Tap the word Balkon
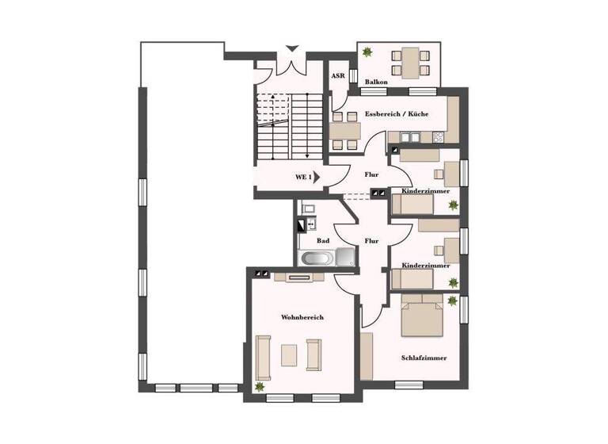tap(376, 82)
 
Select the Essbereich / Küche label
tap(397, 114)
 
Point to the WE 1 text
tap(304, 177)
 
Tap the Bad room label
tap(323, 240)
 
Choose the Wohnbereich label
tap(302, 317)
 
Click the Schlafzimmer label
tap(424, 358)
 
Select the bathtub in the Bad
tap(317, 258)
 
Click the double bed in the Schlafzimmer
tap(421, 315)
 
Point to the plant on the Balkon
tap(367, 52)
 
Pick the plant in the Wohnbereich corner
tap(260, 386)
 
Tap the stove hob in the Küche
tap(438, 137)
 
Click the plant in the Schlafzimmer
tap(452, 301)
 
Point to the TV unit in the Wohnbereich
tap(298, 277)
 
